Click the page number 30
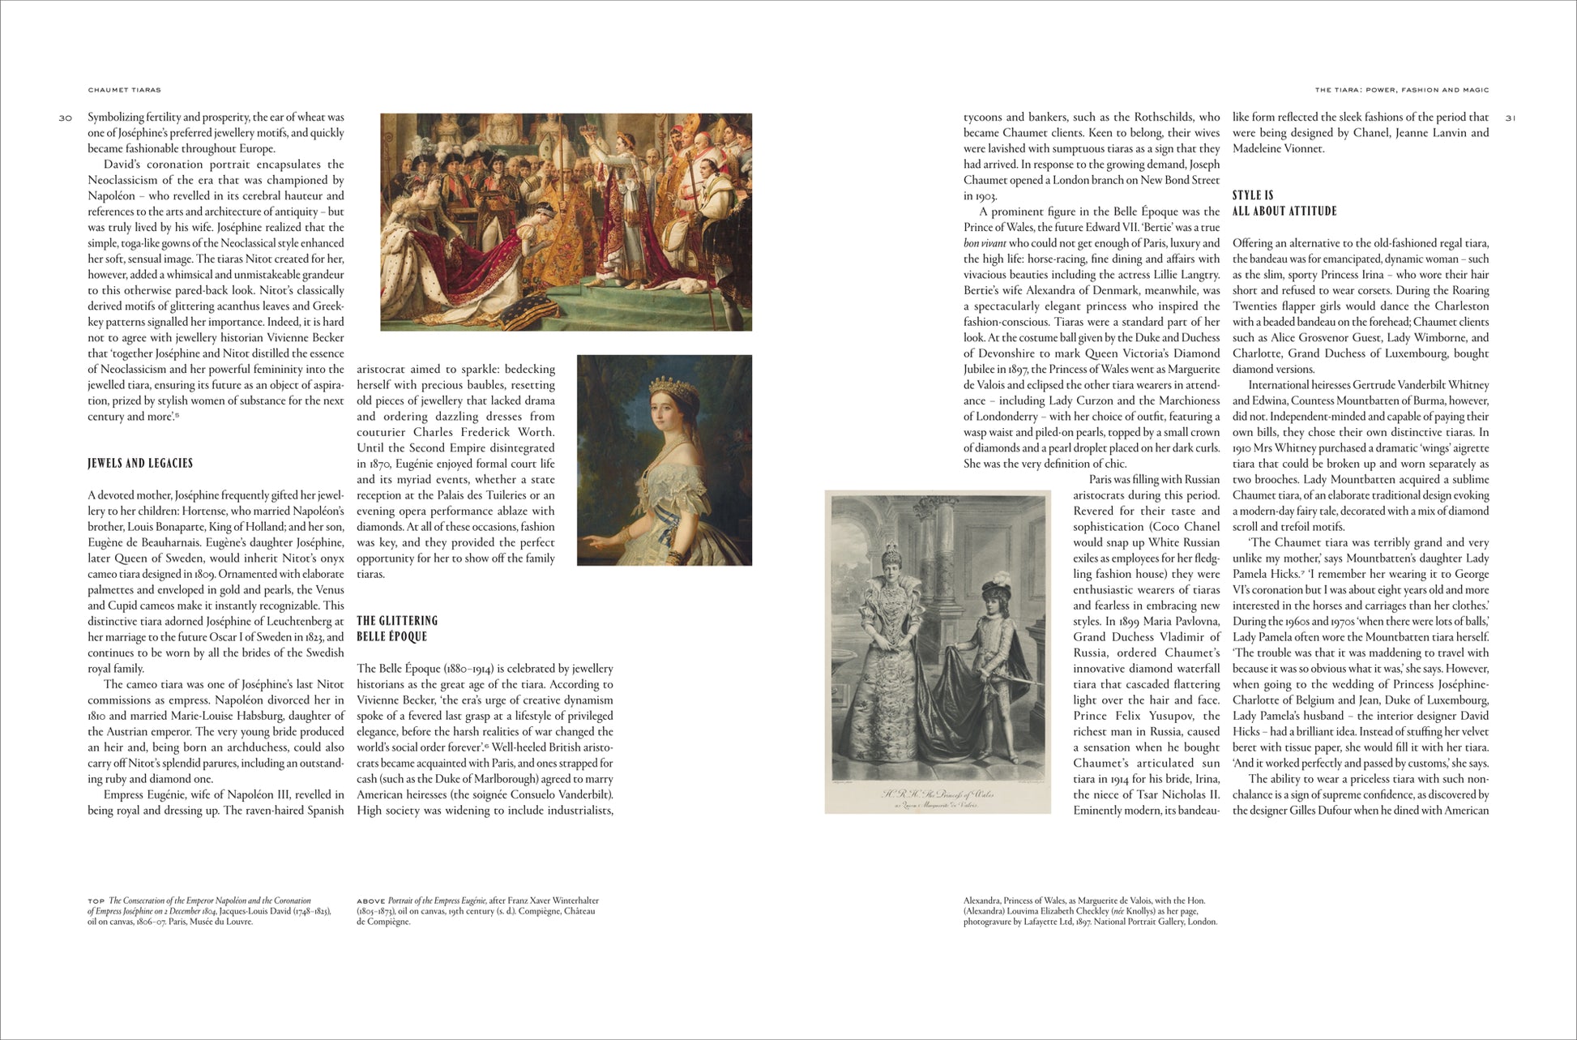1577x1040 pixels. click(65, 118)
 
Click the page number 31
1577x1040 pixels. click(1510, 118)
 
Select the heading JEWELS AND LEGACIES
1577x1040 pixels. click(140, 464)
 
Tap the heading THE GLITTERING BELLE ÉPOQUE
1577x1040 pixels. click(397, 629)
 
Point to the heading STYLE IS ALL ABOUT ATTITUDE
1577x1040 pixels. click(1284, 203)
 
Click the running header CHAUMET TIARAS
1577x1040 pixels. click(124, 90)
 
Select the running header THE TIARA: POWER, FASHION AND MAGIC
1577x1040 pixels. click(1401, 90)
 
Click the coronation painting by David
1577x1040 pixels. click(566, 221)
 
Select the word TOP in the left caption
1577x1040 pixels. click(96, 901)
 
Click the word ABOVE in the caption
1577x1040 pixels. click(370, 901)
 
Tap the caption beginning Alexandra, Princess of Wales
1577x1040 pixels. click(1090, 911)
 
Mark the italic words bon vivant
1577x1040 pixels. click(984, 243)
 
